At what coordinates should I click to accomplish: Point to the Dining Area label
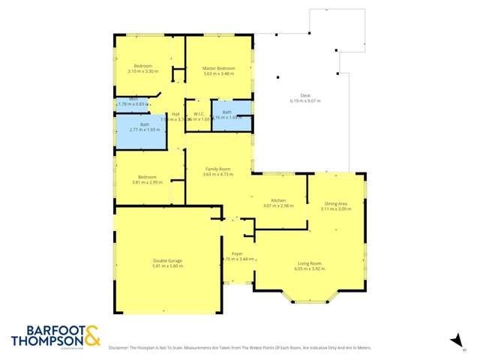pos(335,204)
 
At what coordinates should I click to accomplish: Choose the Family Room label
pos(218,169)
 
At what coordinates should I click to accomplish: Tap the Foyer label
pos(236,254)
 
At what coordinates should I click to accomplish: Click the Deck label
pos(305,95)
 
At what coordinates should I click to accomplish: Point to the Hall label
pos(175,114)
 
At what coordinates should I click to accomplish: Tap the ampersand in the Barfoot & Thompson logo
pos(91,335)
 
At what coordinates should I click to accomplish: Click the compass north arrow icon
pos(454,341)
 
